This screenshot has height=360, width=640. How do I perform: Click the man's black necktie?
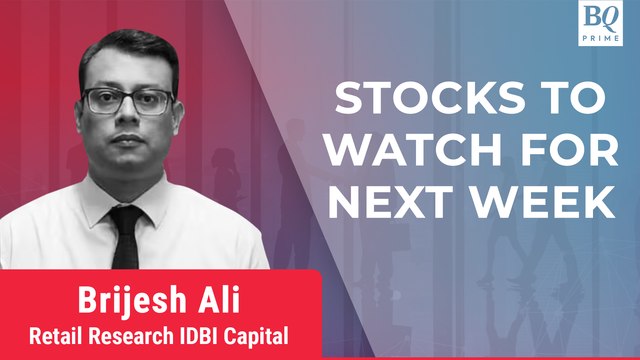[126, 240]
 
